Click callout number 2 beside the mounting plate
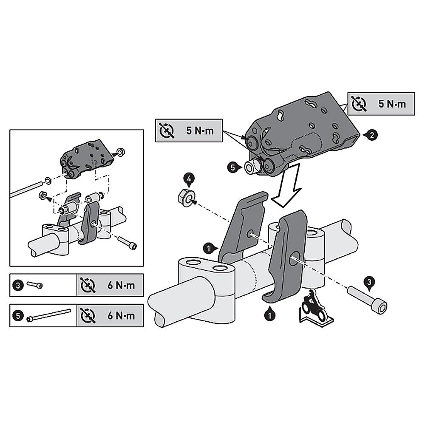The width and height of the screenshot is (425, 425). pos(372,135)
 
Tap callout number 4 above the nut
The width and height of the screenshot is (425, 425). pos(189,179)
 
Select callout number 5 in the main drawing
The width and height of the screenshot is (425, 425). pos(233,168)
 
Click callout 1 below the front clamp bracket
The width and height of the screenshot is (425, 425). pos(269,315)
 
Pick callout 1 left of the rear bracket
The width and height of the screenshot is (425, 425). pos(209,248)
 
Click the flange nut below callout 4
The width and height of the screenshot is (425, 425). pos(187,198)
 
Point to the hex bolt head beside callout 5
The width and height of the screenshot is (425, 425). pos(251,167)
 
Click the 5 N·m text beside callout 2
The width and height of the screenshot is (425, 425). pos(392,104)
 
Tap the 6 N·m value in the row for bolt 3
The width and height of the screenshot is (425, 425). pos(121,286)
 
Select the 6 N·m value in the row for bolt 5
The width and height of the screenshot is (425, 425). pos(121,316)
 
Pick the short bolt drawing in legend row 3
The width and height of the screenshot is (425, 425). pos(34,285)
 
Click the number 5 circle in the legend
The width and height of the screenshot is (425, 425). pos(18,316)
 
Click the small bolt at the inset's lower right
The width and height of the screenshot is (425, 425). pos(127,243)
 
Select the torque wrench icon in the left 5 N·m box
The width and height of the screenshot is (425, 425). pos(167,130)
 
